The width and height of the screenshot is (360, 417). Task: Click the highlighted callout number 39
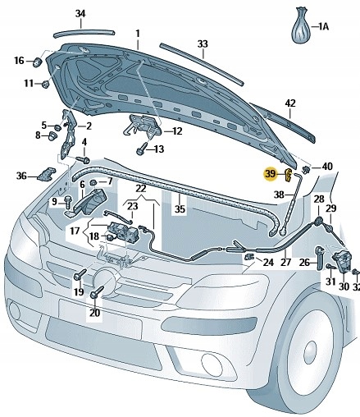coord(270,173)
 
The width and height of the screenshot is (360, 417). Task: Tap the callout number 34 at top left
coord(80,13)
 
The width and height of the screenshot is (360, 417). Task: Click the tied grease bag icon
coord(301,25)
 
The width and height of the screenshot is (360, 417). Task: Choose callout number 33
coord(203,44)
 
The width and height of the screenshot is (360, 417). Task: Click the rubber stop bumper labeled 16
coord(38,62)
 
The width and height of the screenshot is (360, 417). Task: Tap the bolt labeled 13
coord(142,149)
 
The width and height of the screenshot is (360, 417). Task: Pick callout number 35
coord(180,209)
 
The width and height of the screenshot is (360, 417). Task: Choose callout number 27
coord(285,263)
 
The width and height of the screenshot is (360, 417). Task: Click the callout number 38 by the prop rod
coord(280,195)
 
